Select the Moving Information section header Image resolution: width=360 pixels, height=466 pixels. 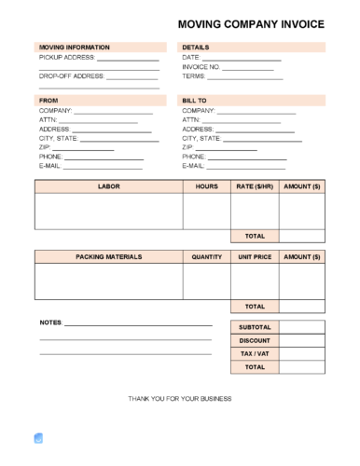pos(74,47)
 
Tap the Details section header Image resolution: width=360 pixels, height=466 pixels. pos(196,47)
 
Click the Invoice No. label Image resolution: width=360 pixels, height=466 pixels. pos(201,67)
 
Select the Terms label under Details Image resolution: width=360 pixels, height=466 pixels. pos(194,76)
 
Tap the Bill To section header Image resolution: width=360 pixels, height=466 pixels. pos(195,99)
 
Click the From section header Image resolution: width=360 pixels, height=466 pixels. pos(48,99)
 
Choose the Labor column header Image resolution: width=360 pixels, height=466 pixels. pos(109,186)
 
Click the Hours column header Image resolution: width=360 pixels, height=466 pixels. pos(206,186)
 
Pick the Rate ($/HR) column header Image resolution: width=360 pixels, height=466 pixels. pos(255,186)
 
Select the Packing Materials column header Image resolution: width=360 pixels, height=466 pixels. pos(109,255)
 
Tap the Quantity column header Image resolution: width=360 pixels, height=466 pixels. pos(206,255)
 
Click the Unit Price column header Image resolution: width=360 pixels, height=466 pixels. pos(255,255)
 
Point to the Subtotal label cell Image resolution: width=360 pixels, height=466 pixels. pos(255,327)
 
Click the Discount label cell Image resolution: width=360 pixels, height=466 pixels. pos(255,340)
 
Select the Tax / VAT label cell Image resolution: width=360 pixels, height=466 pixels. pos(255,354)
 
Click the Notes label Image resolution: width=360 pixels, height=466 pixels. pos(50,322)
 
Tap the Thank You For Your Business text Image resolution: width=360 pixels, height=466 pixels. pos(180,398)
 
